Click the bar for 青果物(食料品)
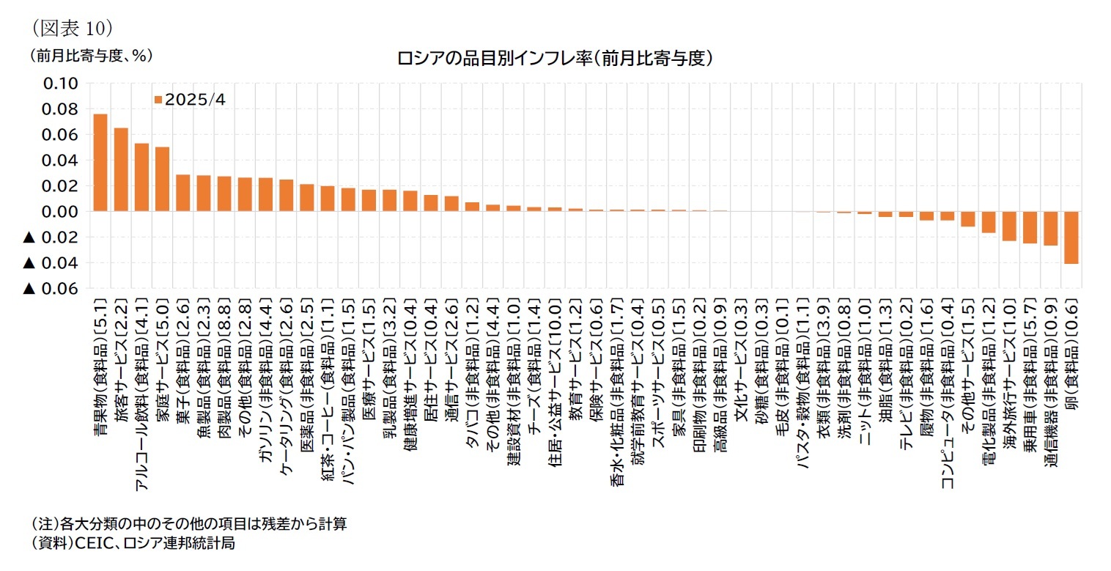coord(100,163)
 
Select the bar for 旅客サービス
coord(121,169)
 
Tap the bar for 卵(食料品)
coord(1071,237)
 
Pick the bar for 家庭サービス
coord(162,179)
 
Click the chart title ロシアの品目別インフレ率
coord(555,59)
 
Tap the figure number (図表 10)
coord(70,27)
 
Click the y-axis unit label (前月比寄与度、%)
coord(91,56)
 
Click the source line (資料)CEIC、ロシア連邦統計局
coord(132,543)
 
